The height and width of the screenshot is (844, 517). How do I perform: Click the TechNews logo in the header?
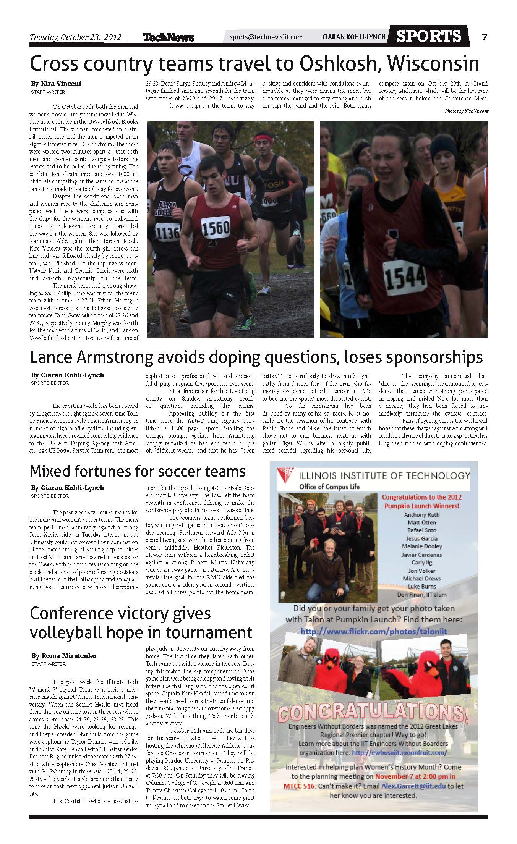pos(169,37)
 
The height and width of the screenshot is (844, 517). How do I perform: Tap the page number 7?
pos(484,37)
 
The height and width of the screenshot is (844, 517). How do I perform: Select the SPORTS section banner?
pos(429,36)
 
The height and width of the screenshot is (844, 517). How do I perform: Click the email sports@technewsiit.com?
pos(266,37)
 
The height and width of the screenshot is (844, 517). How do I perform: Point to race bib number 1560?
pos(216,228)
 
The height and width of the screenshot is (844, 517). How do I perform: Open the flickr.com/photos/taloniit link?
pos(374,632)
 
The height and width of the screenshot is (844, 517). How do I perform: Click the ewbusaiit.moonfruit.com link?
pos(399,753)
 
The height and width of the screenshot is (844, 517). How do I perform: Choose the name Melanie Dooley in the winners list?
pos(421,546)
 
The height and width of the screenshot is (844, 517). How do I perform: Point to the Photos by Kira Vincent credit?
pos(466,111)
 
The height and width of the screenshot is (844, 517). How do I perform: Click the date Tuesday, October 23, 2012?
pos(75,37)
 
